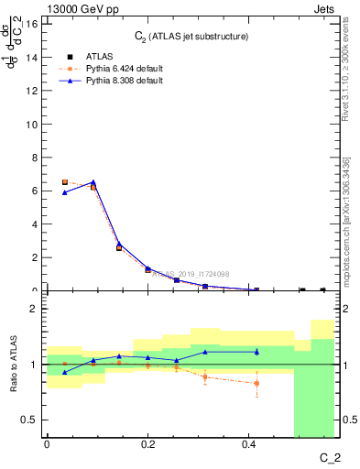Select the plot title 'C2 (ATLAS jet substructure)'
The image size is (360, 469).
coord(191,36)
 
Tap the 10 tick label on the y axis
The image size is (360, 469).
coord(33,124)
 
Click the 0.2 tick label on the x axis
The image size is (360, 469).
coord(148,443)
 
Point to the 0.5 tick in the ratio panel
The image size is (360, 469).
coord(31,420)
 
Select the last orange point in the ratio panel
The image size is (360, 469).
coord(256,383)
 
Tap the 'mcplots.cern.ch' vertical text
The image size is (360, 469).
coord(345,252)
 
